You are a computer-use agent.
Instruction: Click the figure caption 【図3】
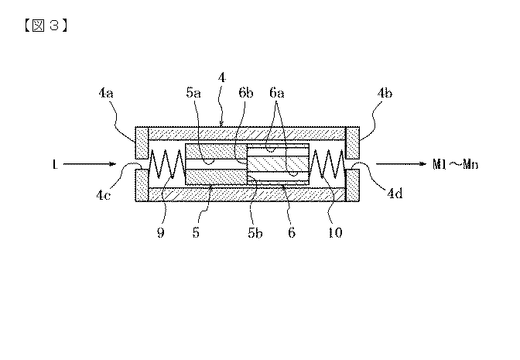click(46, 26)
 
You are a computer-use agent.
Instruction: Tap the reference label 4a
click(106, 93)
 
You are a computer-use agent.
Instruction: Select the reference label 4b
click(385, 93)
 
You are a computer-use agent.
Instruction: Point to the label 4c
click(103, 195)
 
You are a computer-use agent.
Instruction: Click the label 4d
click(395, 193)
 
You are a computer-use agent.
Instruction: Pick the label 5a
click(193, 93)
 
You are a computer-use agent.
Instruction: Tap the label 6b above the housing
click(246, 93)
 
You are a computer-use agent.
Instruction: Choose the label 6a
click(277, 93)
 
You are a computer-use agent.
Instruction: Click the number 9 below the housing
click(160, 232)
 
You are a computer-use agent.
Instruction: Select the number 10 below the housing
click(335, 232)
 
